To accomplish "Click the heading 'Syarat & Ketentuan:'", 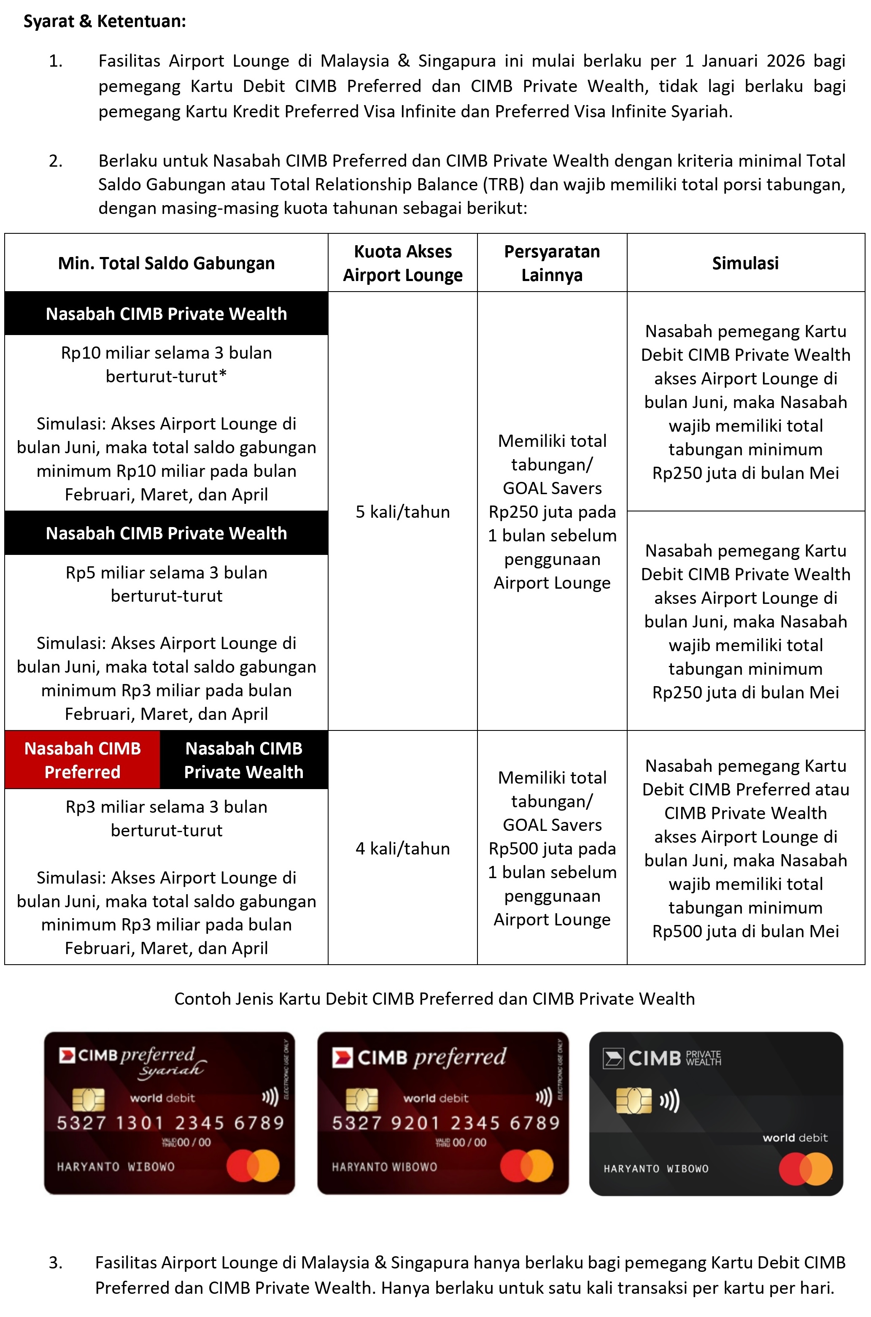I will [x=105, y=21].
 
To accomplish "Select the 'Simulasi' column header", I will [x=745, y=263].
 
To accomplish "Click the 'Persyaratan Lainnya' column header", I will [x=552, y=263].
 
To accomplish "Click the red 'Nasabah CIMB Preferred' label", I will [x=82, y=760].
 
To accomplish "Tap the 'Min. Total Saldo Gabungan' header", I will [x=166, y=263].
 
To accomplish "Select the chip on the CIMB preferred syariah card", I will [x=88, y=1100].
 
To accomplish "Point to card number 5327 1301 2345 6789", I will [x=170, y=1123].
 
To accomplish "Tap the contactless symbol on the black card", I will [x=669, y=1101].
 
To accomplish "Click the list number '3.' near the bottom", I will [x=56, y=1263].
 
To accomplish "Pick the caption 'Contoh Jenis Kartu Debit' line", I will [x=434, y=998].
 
